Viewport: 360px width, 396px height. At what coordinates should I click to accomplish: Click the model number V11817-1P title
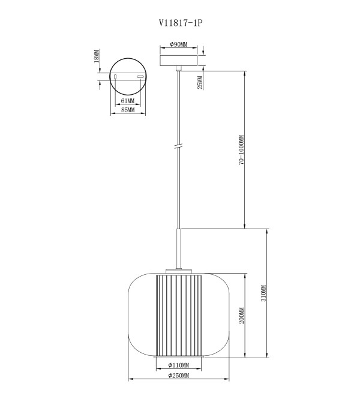(181, 23)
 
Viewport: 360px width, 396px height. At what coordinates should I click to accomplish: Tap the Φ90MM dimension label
(179, 44)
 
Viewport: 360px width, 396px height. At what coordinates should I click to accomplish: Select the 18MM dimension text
(96, 56)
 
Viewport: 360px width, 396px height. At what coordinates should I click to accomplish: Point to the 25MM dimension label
(200, 82)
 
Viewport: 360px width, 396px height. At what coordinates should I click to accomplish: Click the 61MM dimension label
(128, 101)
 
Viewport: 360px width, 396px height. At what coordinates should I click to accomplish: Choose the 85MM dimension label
(128, 110)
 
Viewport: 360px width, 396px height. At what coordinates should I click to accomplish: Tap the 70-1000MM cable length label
(241, 150)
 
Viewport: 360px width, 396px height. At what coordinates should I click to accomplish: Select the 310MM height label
(263, 293)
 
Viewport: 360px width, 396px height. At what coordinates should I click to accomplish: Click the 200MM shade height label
(242, 316)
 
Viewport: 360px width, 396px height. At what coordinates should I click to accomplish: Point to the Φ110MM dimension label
(179, 365)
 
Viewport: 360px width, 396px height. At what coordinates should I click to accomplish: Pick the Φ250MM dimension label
(179, 376)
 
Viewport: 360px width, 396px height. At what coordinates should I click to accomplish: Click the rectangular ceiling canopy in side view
(179, 61)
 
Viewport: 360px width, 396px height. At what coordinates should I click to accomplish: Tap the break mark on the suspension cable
(179, 146)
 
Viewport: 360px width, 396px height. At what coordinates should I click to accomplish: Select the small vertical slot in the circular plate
(115, 77)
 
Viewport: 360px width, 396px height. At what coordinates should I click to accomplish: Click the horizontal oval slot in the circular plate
(140, 77)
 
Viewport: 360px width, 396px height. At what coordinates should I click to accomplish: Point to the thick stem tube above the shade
(179, 249)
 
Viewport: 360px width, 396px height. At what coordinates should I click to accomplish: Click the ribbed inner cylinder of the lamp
(179, 314)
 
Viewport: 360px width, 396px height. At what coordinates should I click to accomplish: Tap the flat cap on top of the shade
(179, 271)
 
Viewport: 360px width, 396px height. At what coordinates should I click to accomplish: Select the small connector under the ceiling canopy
(179, 68)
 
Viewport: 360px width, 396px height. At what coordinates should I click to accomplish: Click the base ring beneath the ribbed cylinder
(179, 356)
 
